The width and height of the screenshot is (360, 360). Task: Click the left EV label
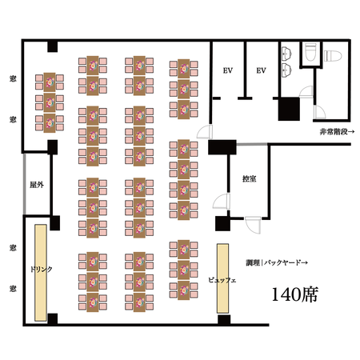tap(228, 70)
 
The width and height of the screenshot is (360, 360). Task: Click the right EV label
tap(261, 70)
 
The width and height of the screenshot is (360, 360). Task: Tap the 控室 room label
tap(250, 178)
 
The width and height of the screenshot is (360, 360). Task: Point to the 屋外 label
tap(37, 185)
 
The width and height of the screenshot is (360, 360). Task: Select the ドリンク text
tap(41, 269)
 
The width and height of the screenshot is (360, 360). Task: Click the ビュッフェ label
tap(222, 280)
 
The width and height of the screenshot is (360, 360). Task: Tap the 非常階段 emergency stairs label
tap(337, 131)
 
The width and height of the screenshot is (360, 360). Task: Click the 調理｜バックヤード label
tap(277, 262)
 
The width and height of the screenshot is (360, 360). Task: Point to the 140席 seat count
tap(294, 294)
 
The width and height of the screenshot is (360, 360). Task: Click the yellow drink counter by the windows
tap(41, 273)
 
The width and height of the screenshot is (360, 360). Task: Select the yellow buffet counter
tap(222, 278)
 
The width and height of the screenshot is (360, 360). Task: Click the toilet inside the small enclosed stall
tap(310, 52)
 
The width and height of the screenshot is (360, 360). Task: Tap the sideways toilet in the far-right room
tap(333, 56)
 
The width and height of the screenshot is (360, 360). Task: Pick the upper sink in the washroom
tap(286, 54)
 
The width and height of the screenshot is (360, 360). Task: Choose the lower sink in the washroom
tap(286, 70)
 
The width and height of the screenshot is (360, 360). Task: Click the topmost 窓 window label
tap(13, 78)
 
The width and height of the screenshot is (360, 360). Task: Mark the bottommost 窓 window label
tap(13, 288)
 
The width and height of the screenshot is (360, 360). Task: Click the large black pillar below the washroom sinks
tap(289, 109)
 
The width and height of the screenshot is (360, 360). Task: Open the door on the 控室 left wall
tap(222, 202)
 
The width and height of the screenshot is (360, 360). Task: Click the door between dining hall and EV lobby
tap(205, 132)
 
